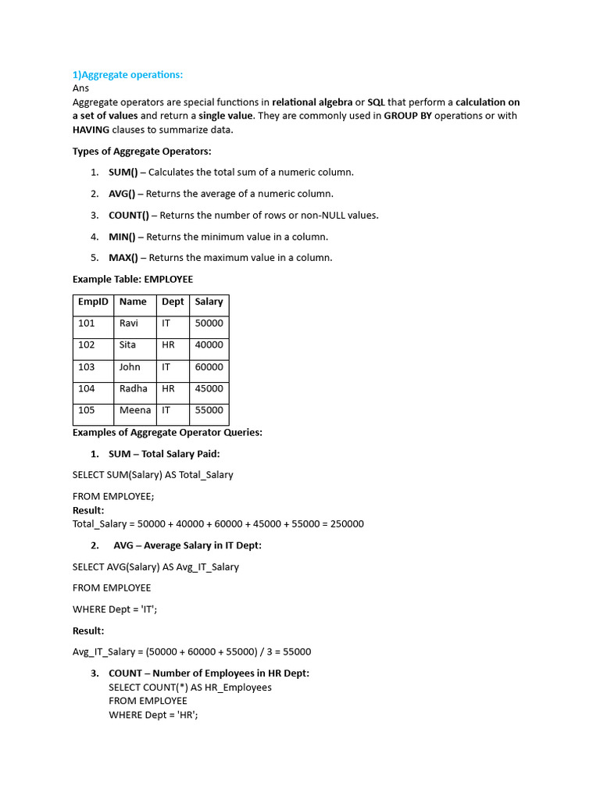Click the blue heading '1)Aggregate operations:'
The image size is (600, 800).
(x=127, y=74)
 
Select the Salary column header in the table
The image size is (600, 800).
(x=209, y=302)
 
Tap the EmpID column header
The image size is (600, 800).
(x=93, y=302)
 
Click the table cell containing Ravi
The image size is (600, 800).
(x=128, y=323)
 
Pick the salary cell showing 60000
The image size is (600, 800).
(x=209, y=366)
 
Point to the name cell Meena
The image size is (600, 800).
(x=135, y=410)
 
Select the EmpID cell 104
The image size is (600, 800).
(x=86, y=388)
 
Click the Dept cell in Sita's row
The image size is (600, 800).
(x=168, y=345)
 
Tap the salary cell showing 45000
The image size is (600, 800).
(x=209, y=388)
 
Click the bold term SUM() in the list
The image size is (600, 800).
(x=123, y=172)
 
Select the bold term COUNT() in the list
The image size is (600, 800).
(x=129, y=215)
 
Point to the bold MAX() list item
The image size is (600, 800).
(x=123, y=257)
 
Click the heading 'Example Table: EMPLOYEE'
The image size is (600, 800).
(x=133, y=279)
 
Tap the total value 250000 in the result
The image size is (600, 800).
(x=347, y=524)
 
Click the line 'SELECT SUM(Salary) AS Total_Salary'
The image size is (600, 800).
(x=152, y=474)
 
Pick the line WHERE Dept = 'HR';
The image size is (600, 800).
(x=153, y=715)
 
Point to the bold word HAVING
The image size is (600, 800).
(x=91, y=130)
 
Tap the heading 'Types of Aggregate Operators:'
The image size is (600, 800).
(x=141, y=151)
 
